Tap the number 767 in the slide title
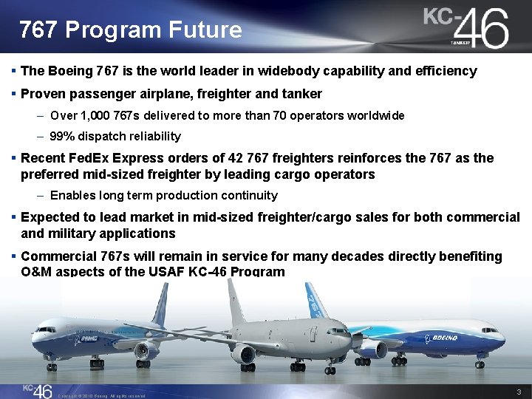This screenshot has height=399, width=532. point(39,30)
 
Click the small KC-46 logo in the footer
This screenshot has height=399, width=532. point(37,389)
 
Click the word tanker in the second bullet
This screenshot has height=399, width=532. point(302,94)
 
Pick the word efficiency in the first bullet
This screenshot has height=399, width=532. point(443,72)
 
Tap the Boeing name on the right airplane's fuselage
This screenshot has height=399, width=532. point(444,337)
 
